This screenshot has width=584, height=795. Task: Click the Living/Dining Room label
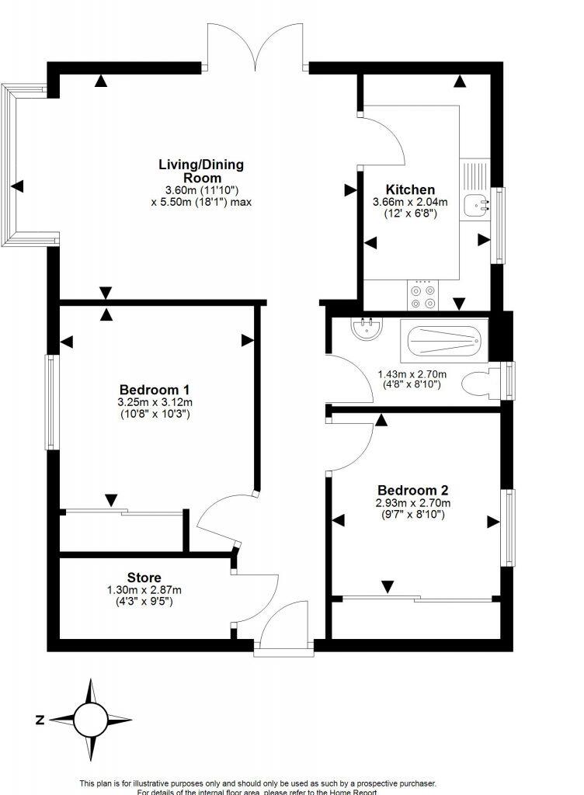tap(201, 170)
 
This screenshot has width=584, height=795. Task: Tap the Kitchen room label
tap(410, 189)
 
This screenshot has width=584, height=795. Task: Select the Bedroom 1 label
tap(155, 389)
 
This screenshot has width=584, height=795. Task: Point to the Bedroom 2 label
tap(412, 490)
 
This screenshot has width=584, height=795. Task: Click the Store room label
tap(144, 578)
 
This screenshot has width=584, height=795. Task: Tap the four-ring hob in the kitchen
tap(424, 296)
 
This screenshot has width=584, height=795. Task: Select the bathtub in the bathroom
tap(443, 340)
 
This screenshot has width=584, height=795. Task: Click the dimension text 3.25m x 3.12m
tap(155, 402)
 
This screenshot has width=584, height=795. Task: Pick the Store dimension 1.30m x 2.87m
tap(144, 591)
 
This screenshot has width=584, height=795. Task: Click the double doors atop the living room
tap(256, 48)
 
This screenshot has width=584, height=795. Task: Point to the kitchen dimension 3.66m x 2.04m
tap(411, 203)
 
